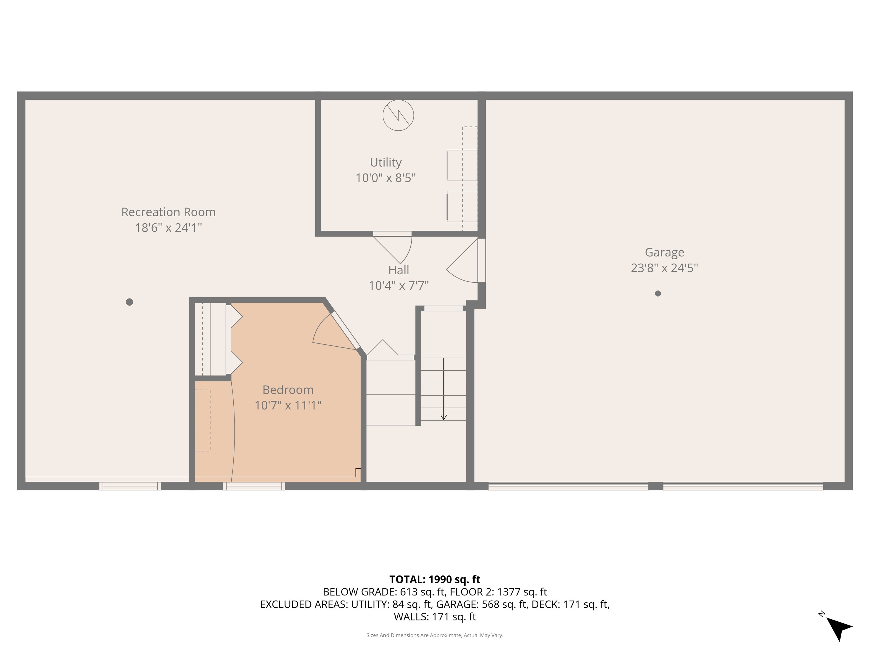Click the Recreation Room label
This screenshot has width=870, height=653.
168,212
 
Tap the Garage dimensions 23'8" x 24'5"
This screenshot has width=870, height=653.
664,268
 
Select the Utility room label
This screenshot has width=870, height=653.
385,163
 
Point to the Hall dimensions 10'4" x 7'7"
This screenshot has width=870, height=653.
398,286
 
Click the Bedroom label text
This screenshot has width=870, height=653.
288,390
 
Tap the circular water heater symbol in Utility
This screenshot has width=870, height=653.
398,115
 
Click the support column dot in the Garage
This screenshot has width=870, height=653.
658,293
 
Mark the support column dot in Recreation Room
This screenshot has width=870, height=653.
129,302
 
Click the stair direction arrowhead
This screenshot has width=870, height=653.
444,417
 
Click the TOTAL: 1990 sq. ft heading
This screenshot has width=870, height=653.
435,579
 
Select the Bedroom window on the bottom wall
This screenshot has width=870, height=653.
254,486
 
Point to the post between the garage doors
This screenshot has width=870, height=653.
656,486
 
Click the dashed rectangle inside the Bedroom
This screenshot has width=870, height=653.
203,420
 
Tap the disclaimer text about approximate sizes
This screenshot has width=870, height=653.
435,635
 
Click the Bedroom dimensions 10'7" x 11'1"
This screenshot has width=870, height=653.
288,405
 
